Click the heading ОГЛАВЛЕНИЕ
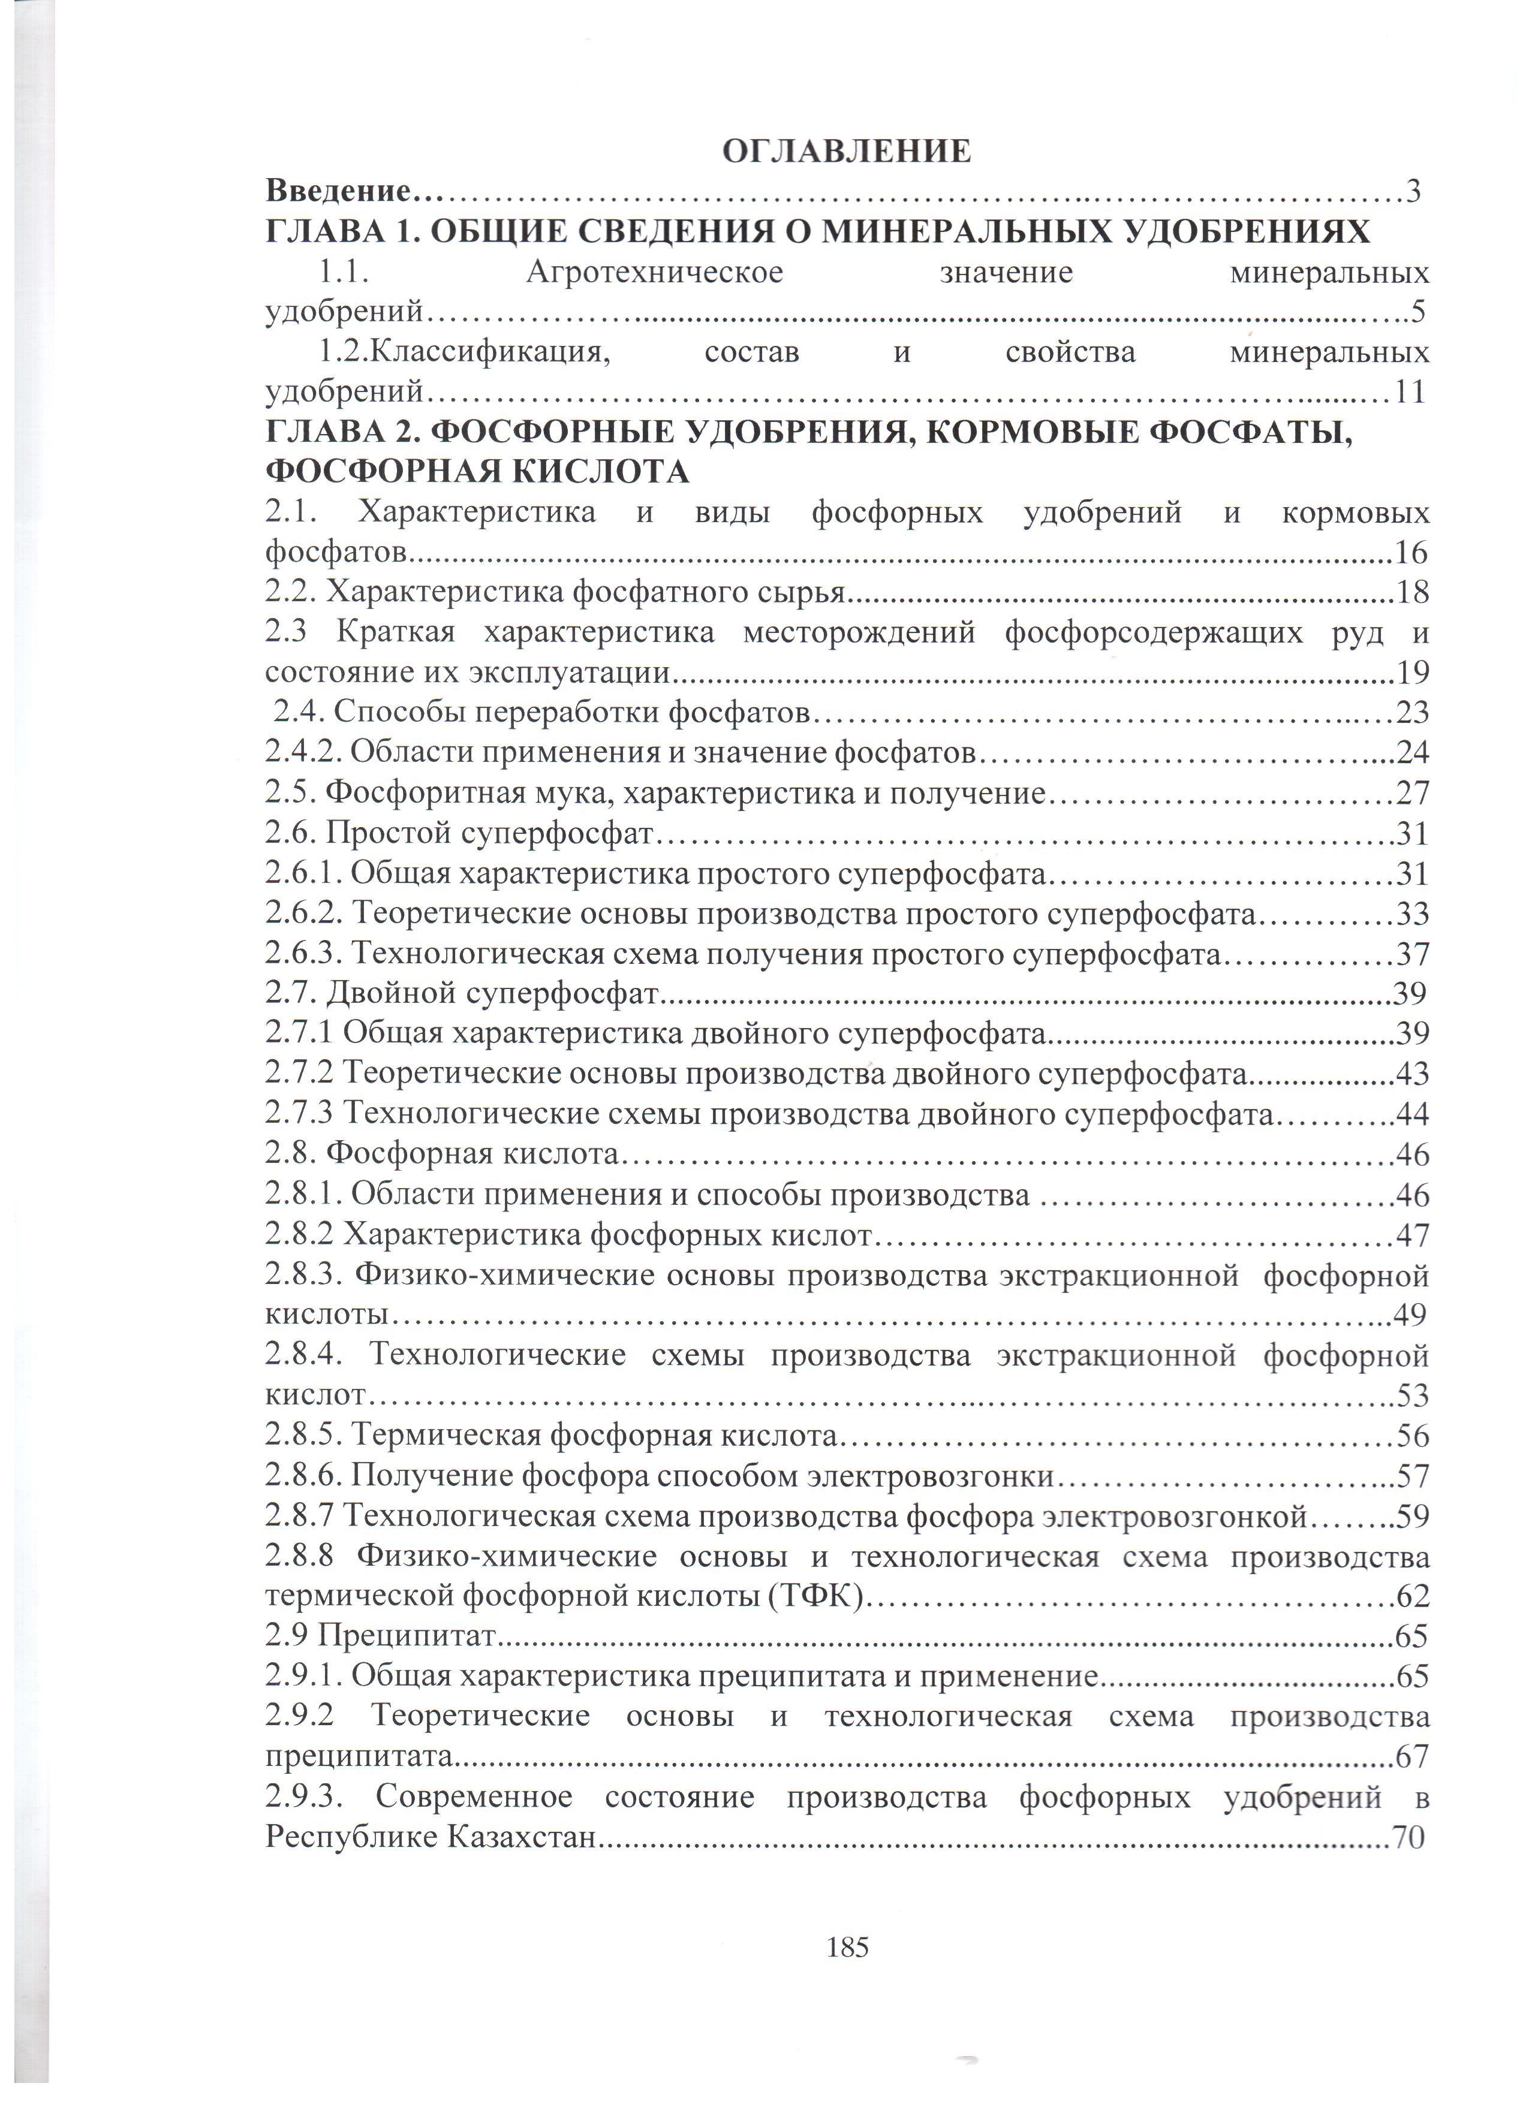846,151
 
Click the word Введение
338,192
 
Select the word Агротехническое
654,273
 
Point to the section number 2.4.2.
303,752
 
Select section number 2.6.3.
303,954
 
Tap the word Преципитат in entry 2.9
408,1635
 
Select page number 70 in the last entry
1407,1837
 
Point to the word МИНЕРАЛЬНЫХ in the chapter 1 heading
956,232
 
